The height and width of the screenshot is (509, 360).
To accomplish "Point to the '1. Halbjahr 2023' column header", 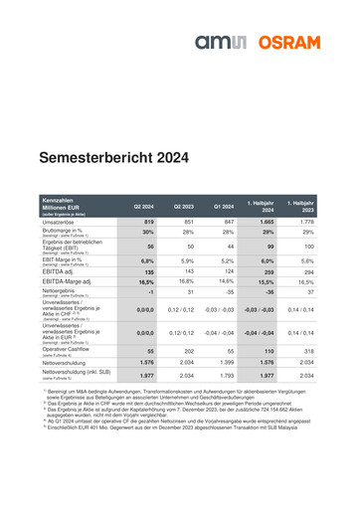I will [x=307, y=206].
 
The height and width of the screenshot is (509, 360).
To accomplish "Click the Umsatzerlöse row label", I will [x=64, y=220].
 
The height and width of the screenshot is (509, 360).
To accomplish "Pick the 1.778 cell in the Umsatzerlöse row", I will [x=307, y=220].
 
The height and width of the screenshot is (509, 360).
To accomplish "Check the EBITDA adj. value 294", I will [x=307, y=270].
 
